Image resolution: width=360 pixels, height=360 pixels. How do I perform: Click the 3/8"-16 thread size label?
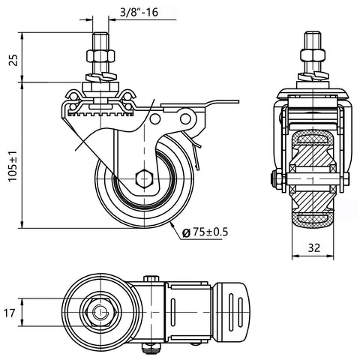tap(139, 12)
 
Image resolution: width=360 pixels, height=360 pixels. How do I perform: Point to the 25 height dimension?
tap(13, 60)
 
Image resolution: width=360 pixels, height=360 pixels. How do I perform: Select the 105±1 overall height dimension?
tap(13, 166)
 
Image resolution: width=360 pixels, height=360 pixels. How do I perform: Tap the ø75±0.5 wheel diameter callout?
tap(205, 232)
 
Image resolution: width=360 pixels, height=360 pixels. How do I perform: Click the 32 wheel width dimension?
tap(313, 247)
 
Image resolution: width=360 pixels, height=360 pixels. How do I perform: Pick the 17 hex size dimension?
tap(10, 313)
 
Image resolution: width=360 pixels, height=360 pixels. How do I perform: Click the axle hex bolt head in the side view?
tap(144, 178)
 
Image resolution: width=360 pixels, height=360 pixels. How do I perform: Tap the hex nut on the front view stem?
tap(313, 55)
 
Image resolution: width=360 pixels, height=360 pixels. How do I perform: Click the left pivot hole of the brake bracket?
tap(155, 118)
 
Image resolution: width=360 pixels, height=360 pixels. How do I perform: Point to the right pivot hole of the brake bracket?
tap(185, 118)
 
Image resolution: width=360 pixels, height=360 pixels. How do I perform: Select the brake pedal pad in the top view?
tap(232, 312)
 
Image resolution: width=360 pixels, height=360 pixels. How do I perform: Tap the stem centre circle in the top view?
tap(100, 312)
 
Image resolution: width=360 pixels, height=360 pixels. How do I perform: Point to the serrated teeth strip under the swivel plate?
tap(100, 114)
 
